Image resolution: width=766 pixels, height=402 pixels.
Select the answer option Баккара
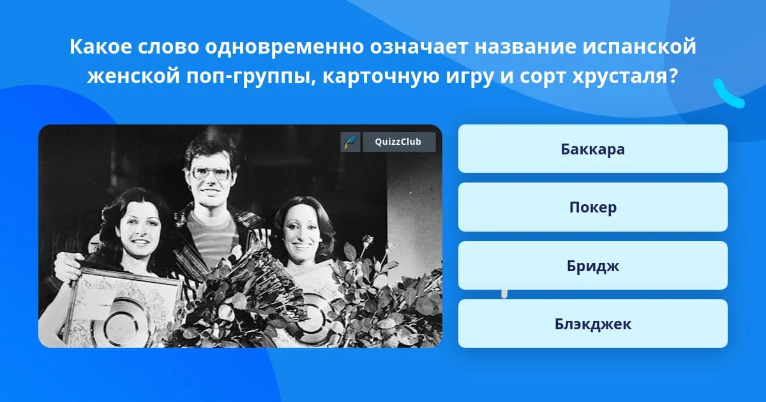tap(592, 149)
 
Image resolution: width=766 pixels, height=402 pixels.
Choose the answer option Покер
tap(592, 207)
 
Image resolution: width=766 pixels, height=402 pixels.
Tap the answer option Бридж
tap(592, 265)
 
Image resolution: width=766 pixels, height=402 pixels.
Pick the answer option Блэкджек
tap(592, 324)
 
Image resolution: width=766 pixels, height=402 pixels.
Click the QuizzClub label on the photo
tap(399, 142)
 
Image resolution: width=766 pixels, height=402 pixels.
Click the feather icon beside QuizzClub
tap(350, 142)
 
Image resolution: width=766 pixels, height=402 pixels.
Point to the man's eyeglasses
tap(211, 173)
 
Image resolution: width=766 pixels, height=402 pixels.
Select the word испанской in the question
tap(640, 47)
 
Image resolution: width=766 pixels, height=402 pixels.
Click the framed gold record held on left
tap(121, 308)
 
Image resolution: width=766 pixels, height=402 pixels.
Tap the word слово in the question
tap(169, 47)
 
